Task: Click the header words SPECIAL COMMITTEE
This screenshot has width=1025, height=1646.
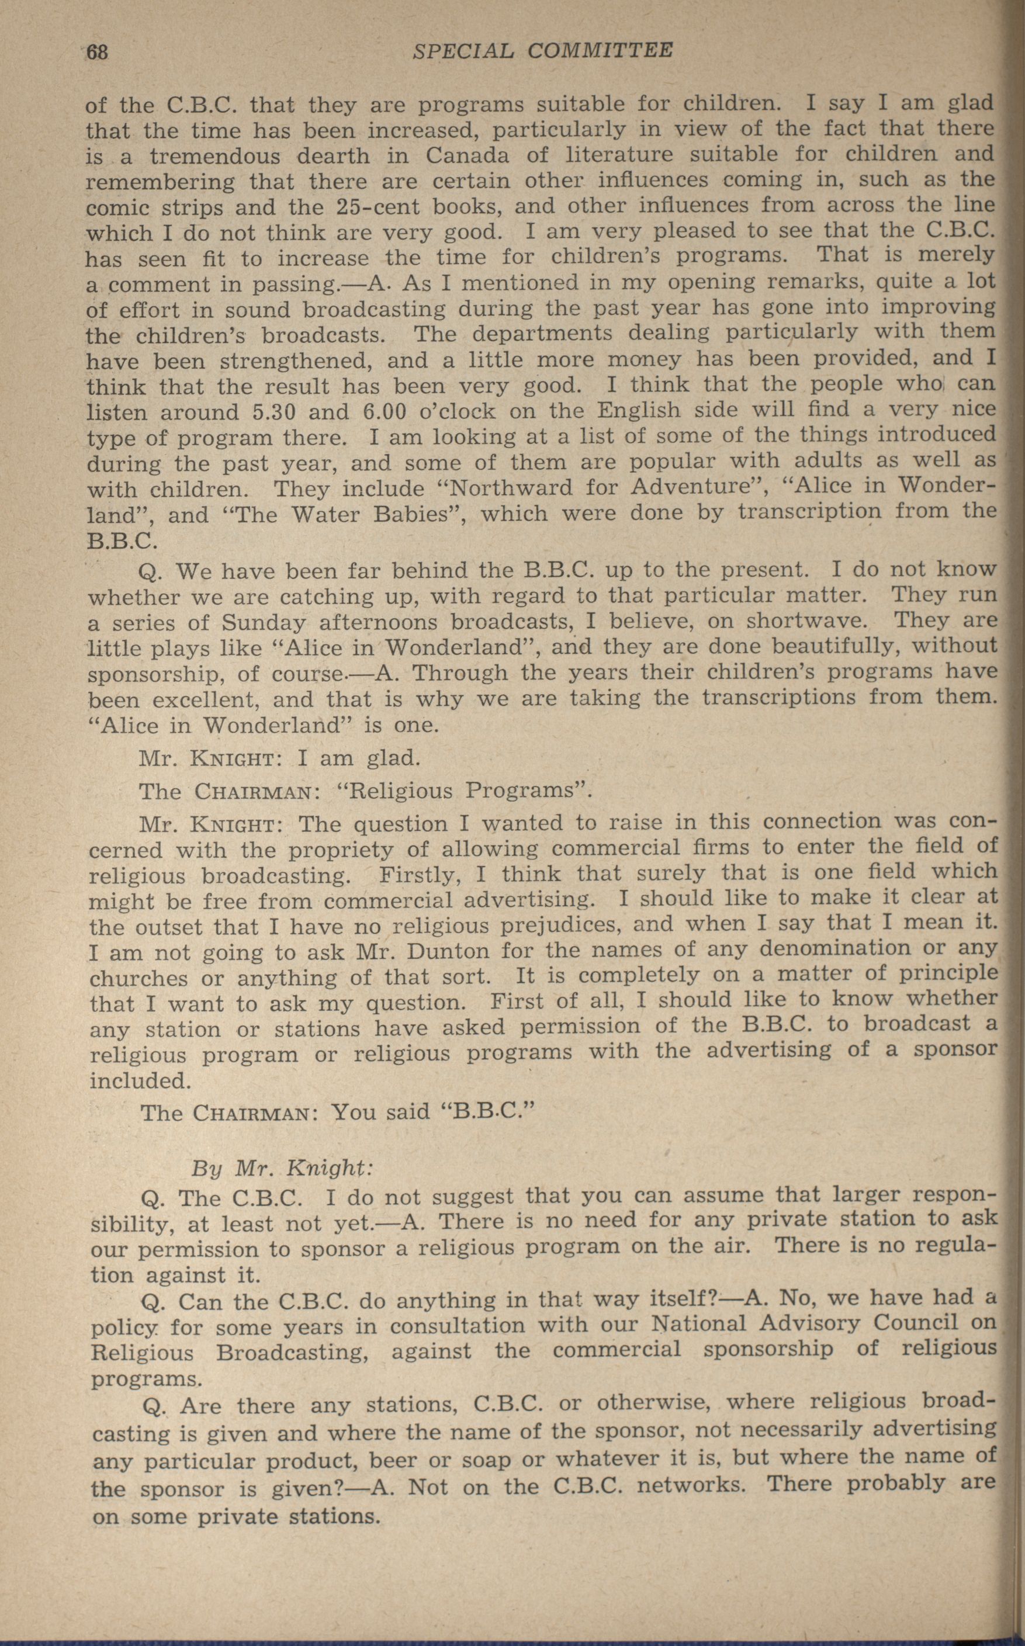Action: [x=542, y=51]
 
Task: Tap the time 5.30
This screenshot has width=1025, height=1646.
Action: [x=279, y=412]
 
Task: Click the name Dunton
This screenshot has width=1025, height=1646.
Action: [x=450, y=951]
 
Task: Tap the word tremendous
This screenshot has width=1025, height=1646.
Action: [x=216, y=157]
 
